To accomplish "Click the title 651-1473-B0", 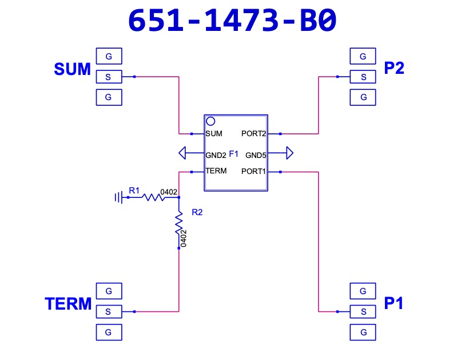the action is click(232, 20).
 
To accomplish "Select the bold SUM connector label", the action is click(72, 69).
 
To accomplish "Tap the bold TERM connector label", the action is click(68, 303).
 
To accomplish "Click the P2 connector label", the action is click(394, 68).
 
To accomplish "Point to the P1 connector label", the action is click(393, 303).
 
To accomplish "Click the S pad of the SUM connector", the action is click(109, 77).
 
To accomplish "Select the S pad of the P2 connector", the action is click(363, 77).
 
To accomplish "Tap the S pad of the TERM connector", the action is click(109, 312).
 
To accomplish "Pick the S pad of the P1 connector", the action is click(363, 312).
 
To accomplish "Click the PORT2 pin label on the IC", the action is click(253, 133).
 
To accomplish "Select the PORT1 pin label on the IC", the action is click(253, 172).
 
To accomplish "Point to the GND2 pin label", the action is click(216, 155).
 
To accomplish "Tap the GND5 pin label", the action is click(256, 155).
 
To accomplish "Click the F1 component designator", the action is click(233, 154).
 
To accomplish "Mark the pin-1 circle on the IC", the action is click(210, 121).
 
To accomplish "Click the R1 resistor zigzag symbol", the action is click(153, 197).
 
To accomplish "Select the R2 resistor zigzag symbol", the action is click(179, 223).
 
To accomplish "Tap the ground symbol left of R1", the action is click(119, 197).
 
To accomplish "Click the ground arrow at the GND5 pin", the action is click(290, 153).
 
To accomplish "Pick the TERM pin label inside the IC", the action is click(216, 171).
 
